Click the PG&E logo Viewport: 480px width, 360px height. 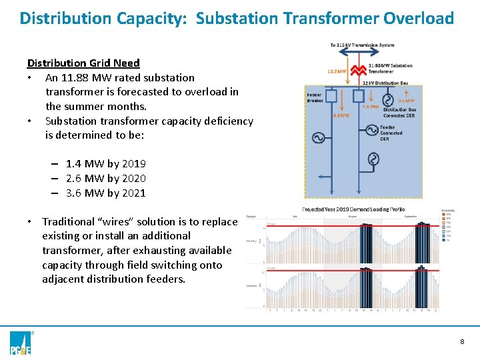coord(21,341)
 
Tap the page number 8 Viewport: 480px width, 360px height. coord(461,341)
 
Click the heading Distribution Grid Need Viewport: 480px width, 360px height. coord(83,63)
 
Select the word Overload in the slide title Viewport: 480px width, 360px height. coord(419,18)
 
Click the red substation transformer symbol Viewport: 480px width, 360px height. coord(359,70)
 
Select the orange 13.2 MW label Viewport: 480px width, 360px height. coord(337,71)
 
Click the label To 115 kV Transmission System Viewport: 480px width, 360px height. coord(362,45)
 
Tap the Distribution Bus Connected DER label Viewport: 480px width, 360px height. coord(399,113)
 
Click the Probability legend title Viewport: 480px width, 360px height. coord(448,211)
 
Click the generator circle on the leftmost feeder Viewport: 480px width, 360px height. coord(317,138)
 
